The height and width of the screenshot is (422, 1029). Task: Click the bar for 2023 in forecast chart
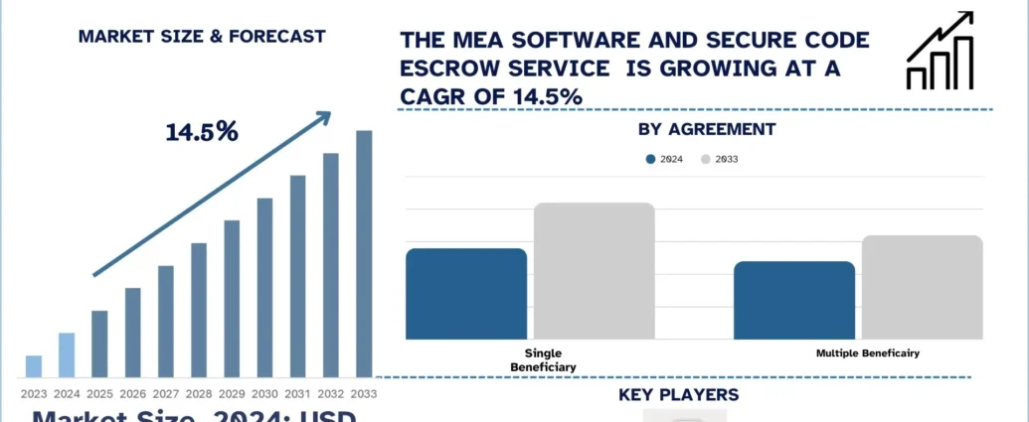(x=34, y=366)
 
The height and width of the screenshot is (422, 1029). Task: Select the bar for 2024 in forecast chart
(x=67, y=355)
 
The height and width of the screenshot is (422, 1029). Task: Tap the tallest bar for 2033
(x=364, y=254)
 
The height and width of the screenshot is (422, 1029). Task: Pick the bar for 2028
(x=199, y=310)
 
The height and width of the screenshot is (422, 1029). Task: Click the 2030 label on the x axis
(x=264, y=394)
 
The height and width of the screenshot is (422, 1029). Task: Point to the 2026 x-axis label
(x=132, y=394)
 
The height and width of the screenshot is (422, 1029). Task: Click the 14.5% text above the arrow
(x=201, y=131)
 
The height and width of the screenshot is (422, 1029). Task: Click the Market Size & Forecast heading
(x=202, y=37)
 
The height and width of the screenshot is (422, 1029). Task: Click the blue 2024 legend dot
(x=651, y=159)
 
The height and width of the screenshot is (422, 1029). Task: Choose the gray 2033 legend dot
(x=706, y=159)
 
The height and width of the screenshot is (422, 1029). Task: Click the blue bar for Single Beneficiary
(x=466, y=293)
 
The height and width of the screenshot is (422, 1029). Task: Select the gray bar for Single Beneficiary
(x=595, y=270)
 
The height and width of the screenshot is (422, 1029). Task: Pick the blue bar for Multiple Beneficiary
(x=794, y=299)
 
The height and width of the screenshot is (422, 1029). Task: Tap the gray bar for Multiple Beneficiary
(x=922, y=286)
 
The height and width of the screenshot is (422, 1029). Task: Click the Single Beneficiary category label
(x=544, y=359)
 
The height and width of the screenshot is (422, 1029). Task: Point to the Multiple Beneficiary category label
(x=868, y=352)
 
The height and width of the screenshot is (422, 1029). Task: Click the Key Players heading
(x=678, y=395)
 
